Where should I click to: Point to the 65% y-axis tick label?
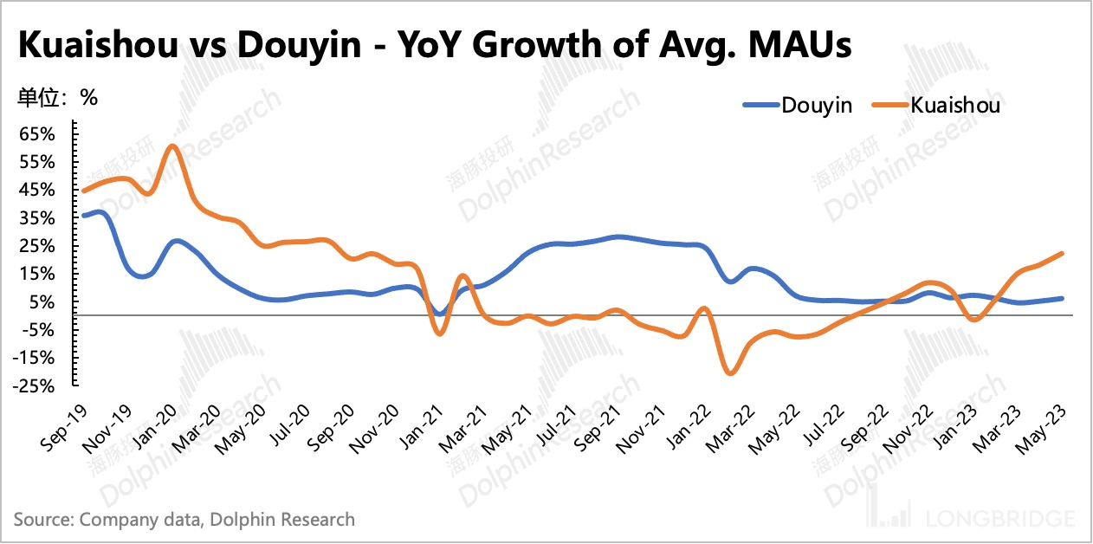pyautogui.click(x=38, y=134)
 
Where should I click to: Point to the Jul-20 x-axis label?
pyautogui.click(x=284, y=430)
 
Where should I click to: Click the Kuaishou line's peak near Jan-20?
pyautogui.click(x=172, y=146)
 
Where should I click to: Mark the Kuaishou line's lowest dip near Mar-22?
pyautogui.click(x=730, y=373)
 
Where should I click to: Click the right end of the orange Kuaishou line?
pyautogui.click(x=1062, y=254)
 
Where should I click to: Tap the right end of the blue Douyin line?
pyautogui.click(x=1062, y=298)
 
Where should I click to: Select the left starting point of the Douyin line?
pyautogui.click(x=83, y=215)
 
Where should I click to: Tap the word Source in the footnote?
pyautogui.click(x=41, y=520)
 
